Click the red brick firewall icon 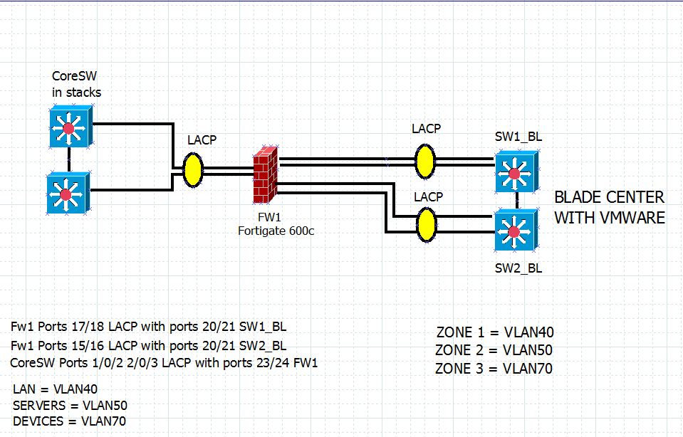[x=266, y=174]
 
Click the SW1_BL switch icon [x=516, y=172]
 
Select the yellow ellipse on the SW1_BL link [x=425, y=160]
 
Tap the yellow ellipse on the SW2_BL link [x=426, y=223]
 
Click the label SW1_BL [x=518, y=137]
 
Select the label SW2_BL [x=518, y=268]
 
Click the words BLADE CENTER [x=609, y=197]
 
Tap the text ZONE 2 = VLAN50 [x=494, y=350]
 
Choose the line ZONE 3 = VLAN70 [x=494, y=368]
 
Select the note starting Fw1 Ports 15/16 [x=149, y=346]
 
